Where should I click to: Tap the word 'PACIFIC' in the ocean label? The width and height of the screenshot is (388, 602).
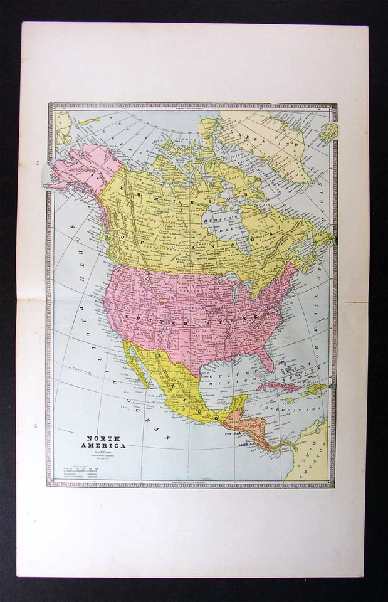pyautogui.click(x=97, y=351)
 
